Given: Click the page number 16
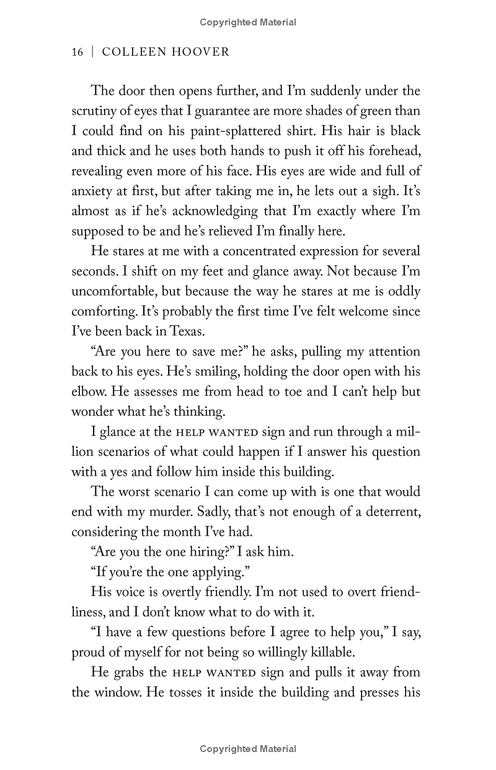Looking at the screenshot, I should [x=77, y=52].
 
